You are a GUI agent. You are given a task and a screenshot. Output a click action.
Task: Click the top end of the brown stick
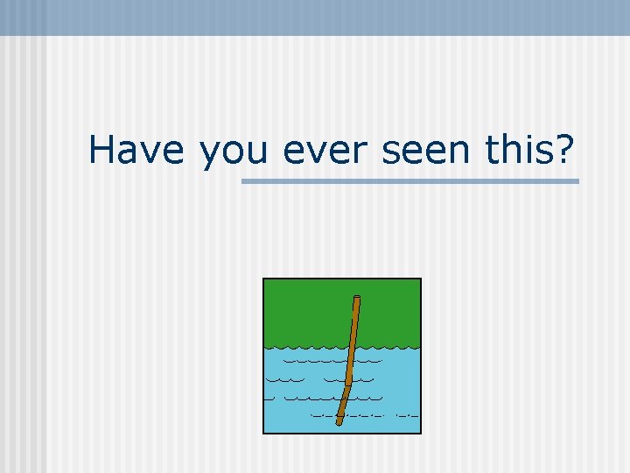pos(356,298)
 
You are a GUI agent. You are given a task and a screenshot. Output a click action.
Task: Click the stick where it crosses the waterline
pos(352,343)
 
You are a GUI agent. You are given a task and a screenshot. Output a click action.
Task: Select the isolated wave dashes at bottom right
pos(408,413)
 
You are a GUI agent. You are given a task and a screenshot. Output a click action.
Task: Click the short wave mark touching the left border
pos(269,398)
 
